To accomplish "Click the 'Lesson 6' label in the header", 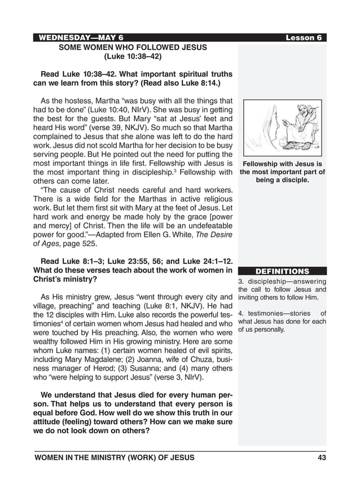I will [304, 38].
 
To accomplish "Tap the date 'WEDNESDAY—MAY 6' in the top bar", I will [81, 38].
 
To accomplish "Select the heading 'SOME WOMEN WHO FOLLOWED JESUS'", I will [133, 47].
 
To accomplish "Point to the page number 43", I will [322, 458].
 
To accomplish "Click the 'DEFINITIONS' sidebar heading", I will [282, 271].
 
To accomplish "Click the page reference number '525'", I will [90, 244].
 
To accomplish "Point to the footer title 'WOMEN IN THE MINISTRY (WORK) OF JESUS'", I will [114, 458].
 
